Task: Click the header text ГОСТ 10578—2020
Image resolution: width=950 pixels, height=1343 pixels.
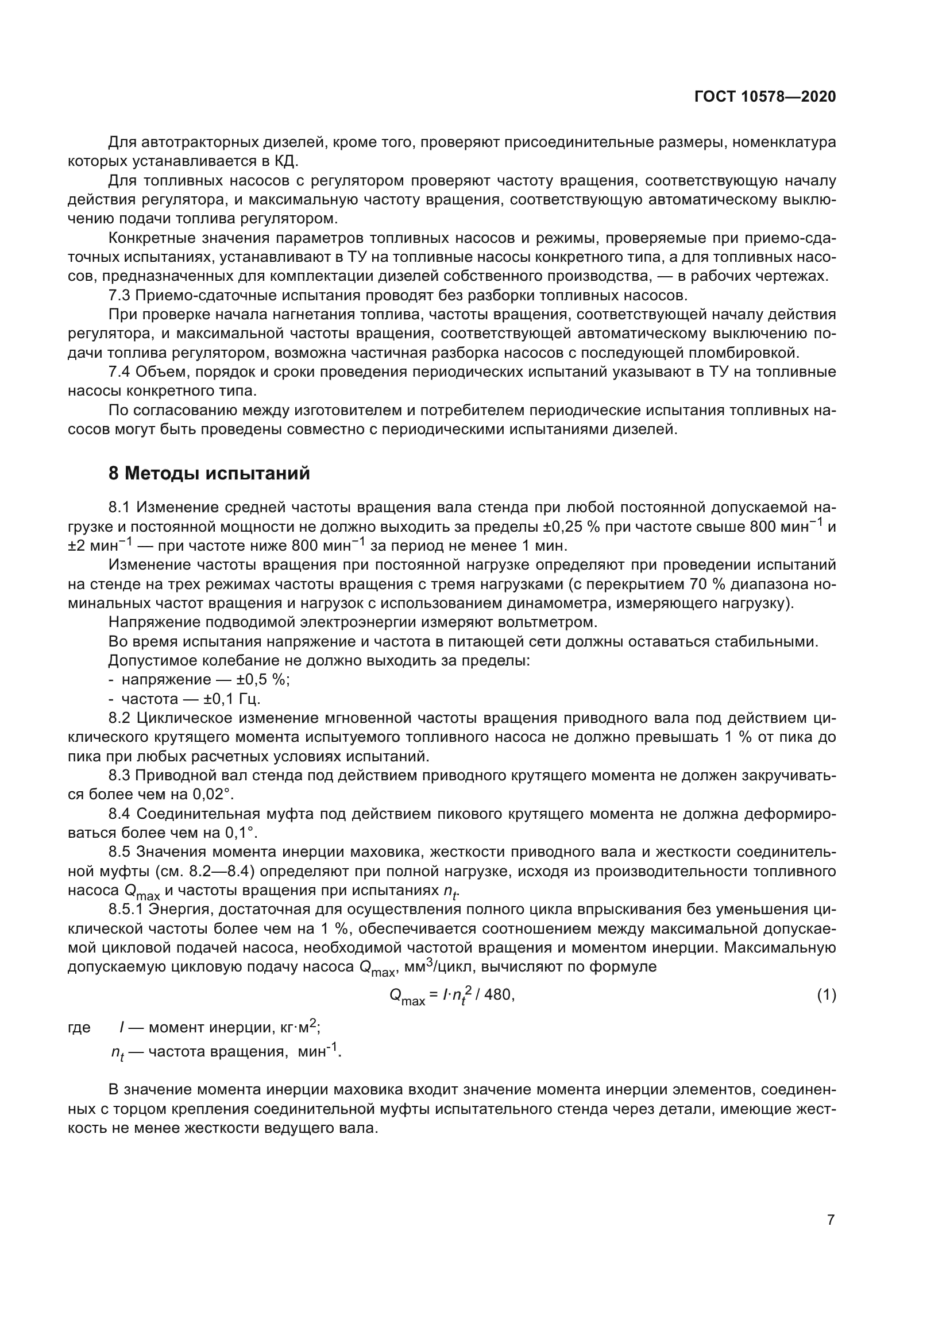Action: point(764,96)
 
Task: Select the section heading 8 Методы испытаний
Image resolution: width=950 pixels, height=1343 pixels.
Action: point(210,473)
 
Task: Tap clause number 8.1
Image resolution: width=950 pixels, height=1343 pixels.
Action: point(122,507)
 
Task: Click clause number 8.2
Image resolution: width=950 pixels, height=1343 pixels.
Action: point(122,718)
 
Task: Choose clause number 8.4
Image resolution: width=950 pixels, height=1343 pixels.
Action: point(121,814)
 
